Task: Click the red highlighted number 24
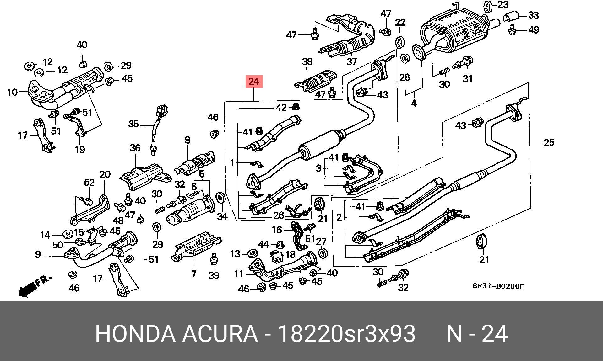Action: point(254,82)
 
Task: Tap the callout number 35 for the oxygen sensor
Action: point(133,124)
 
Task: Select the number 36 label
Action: point(135,148)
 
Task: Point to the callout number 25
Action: point(549,143)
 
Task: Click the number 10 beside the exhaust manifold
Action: point(13,92)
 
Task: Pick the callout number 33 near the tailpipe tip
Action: point(533,15)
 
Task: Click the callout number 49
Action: point(533,30)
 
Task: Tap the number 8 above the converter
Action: point(187,140)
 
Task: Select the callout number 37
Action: point(352,61)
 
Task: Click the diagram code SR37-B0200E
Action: point(498,286)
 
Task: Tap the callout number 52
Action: point(89,182)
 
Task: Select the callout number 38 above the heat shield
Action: point(307,61)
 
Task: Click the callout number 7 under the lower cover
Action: point(194,274)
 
